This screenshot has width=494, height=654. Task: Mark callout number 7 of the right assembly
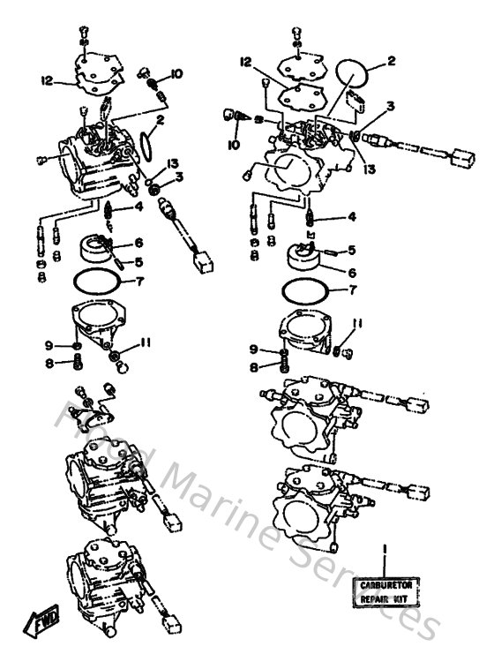pos(352,289)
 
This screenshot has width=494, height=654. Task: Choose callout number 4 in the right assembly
pos(351,216)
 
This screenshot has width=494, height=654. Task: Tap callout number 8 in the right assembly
pos(253,366)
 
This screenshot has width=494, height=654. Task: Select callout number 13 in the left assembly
pos(173,163)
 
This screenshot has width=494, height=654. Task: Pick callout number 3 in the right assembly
pos(388,106)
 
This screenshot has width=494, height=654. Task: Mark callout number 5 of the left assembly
pos(138,261)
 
